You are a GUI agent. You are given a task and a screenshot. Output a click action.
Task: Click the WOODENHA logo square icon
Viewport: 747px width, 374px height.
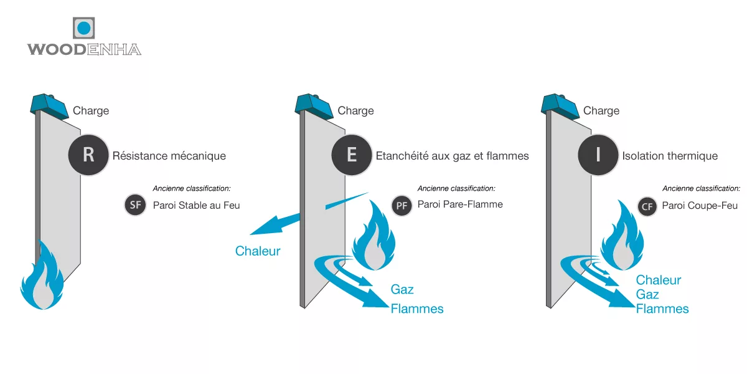[x=84, y=29]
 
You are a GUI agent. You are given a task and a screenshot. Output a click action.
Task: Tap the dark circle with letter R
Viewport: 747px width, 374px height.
[x=88, y=155]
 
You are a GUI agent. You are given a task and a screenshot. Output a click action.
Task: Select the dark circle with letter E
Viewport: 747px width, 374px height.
[x=352, y=155]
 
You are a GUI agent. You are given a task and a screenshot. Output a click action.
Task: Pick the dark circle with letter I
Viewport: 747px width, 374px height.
[x=598, y=155]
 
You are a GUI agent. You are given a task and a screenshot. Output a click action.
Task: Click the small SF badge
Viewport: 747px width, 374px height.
[x=135, y=205]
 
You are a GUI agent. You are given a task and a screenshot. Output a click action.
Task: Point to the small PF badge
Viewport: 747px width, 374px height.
[x=402, y=205]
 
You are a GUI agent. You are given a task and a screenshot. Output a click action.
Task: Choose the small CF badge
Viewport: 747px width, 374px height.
[x=648, y=206]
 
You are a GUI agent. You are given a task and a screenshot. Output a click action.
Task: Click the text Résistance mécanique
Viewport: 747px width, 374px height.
[x=169, y=155]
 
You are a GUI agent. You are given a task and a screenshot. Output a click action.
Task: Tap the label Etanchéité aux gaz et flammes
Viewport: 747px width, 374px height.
[x=452, y=155]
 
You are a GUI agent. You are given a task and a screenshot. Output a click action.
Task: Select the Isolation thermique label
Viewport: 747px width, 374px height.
[x=670, y=155]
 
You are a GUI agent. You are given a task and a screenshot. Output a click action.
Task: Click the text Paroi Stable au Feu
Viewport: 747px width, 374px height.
[x=196, y=205]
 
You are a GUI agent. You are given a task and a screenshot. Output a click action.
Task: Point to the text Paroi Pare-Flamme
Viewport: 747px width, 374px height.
[x=460, y=204]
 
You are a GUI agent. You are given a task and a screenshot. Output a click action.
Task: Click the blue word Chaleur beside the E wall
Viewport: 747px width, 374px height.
[x=258, y=251]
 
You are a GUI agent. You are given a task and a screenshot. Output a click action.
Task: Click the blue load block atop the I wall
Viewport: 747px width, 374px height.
[x=559, y=104]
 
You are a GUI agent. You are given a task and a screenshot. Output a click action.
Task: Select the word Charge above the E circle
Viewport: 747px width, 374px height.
[x=355, y=111]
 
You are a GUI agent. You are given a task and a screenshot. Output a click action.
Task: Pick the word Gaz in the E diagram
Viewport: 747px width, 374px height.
[x=402, y=289]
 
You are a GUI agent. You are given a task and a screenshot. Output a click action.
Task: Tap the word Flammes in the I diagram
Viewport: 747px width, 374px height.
[x=662, y=309]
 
